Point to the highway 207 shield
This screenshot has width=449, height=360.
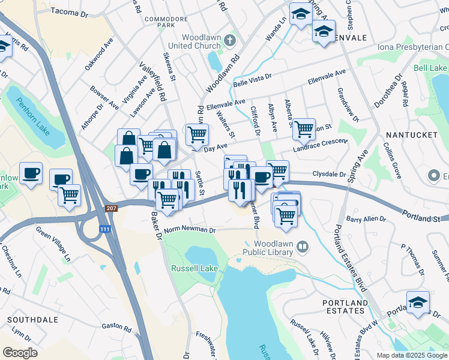click(111, 208)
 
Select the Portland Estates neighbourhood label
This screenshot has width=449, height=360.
click(345, 308)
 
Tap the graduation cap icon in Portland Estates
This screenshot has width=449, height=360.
click(418, 302)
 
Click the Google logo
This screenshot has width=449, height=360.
click(20, 352)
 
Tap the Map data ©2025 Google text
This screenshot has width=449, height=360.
click(411, 355)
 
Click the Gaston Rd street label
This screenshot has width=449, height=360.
click(116, 328)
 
